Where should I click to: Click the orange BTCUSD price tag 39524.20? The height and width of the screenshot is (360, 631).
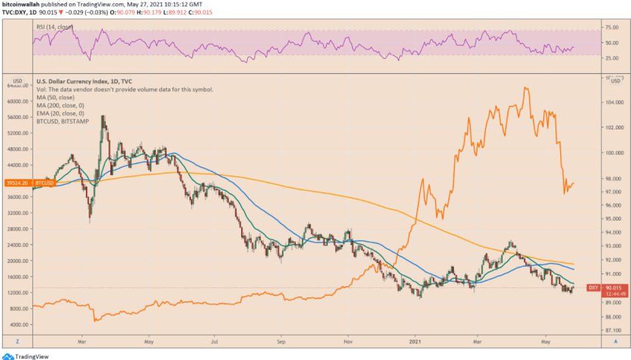(x=17, y=182)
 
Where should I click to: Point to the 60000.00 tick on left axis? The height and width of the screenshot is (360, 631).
(x=17, y=101)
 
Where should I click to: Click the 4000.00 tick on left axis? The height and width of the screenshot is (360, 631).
(x=19, y=325)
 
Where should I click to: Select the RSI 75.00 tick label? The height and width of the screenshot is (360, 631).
(x=611, y=28)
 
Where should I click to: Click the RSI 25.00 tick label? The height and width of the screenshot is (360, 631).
(x=611, y=58)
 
